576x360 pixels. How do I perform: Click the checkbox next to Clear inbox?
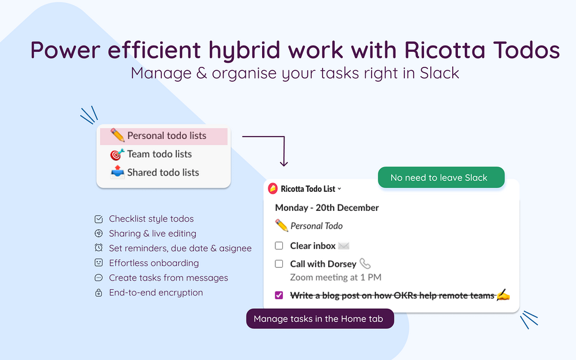tap(279, 245)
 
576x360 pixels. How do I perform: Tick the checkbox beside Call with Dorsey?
tap(279, 264)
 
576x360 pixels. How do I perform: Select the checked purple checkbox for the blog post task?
tap(279, 295)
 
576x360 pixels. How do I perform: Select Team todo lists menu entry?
tap(160, 154)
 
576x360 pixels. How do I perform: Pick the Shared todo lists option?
tap(163, 172)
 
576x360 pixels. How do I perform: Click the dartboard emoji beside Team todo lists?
tap(117, 154)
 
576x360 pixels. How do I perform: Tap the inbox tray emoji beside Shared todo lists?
tap(118, 172)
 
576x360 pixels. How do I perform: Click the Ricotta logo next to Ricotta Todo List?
tap(272, 188)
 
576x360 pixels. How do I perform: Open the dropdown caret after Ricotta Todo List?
tap(339, 189)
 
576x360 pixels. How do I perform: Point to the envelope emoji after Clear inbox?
tap(344, 246)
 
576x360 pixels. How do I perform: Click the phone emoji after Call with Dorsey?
tap(365, 263)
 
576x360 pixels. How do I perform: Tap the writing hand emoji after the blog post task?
tap(503, 295)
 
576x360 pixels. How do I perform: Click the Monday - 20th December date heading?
tap(327, 207)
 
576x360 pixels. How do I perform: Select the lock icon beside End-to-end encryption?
tap(98, 293)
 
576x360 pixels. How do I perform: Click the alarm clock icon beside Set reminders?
tap(98, 248)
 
